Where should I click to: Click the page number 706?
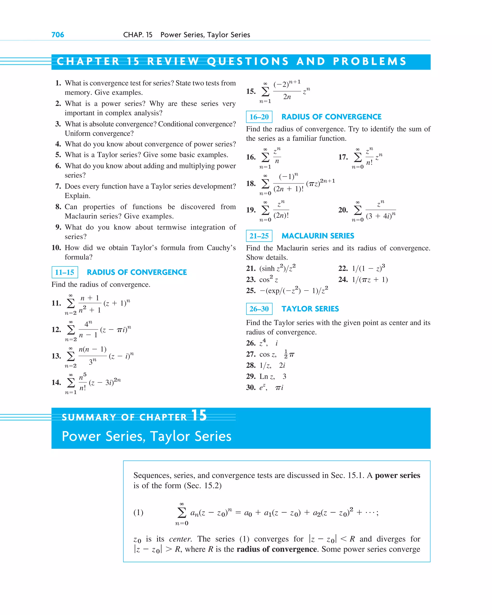(x=58, y=35)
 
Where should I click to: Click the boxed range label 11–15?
(x=64, y=272)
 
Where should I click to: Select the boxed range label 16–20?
(x=259, y=117)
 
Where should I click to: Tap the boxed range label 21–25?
(x=259, y=236)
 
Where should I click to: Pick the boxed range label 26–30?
(x=259, y=309)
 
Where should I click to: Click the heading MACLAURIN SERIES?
(x=318, y=236)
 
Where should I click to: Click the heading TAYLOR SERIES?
(x=310, y=309)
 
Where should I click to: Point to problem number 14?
(x=56, y=382)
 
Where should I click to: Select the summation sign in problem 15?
(x=265, y=91)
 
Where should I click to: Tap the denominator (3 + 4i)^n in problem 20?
(x=381, y=216)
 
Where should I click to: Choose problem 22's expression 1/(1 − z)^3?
(x=368, y=268)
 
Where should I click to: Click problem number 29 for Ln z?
(x=251, y=376)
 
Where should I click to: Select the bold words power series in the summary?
(x=397, y=475)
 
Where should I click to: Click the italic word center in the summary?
(x=180, y=539)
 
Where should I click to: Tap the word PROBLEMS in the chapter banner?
(x=369, y=61)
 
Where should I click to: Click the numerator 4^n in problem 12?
(x=88, y=324)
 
